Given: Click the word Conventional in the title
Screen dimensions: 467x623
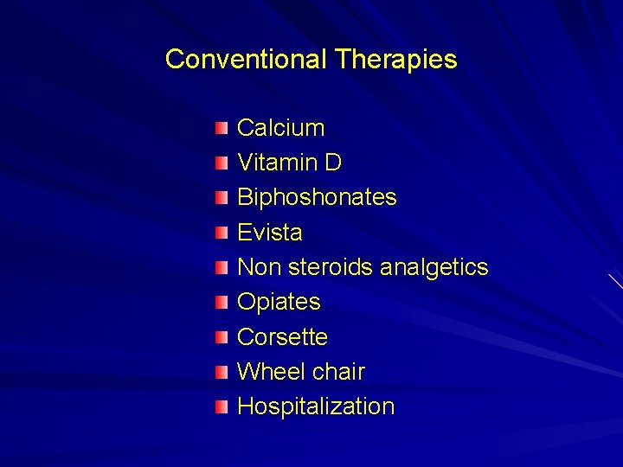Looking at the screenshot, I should coord(246,60).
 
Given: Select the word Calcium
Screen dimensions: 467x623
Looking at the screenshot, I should coord(281,128).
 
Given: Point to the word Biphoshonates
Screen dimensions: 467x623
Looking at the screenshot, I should coord(317,197).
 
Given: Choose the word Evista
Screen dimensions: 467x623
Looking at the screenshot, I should coord(270,233).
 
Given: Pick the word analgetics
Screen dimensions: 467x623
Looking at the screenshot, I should coord(434,267).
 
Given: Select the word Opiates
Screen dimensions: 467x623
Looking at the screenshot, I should coord(279,302).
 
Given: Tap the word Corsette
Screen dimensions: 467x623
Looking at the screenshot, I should coord(282,336).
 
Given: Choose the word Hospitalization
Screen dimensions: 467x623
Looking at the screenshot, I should coord(316,406).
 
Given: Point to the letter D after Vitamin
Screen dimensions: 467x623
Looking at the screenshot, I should coord(333,163).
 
